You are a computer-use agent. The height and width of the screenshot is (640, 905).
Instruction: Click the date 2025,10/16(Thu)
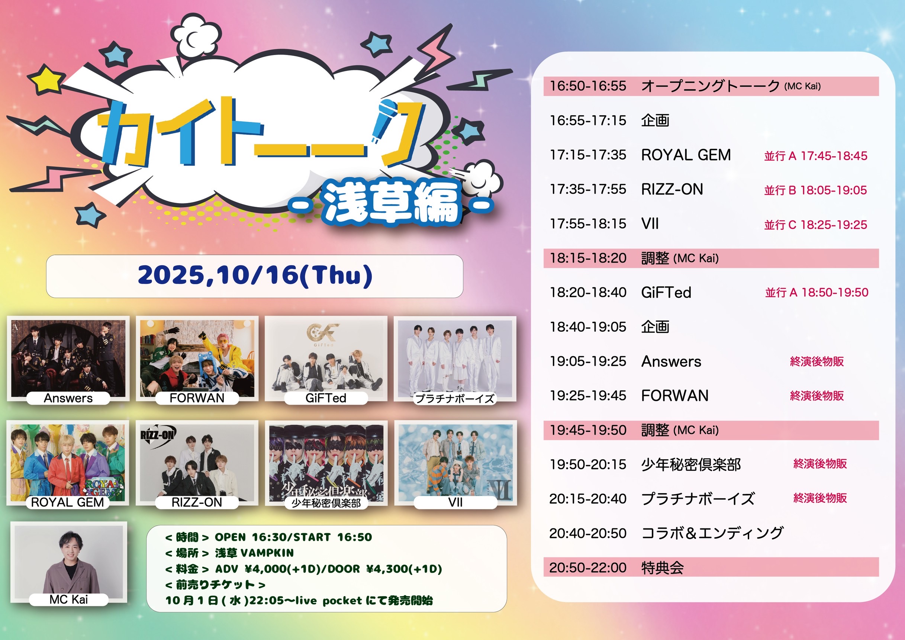click(x=255, y=276)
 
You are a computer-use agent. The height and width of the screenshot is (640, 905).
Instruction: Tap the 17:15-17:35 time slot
click(x=588, y=155)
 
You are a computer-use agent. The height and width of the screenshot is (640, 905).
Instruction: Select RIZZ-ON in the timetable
click(x=672, y=189)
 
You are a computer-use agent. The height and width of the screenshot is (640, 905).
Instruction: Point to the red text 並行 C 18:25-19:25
click(x=815, y=225)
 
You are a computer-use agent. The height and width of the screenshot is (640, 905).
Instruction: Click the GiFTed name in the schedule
click(x=666, y=293)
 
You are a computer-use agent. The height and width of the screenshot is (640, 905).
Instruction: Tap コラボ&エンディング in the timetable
click(x=712, y=533)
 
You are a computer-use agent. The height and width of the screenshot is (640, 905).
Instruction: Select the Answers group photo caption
click(x=68, y=398)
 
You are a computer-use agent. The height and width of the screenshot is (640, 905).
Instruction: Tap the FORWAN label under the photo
click(x=197, y=398)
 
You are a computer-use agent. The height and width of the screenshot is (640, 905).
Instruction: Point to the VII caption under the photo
click(x=455, y=502)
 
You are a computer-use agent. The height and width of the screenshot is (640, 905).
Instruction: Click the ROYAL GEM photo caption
click(x=67, y=502)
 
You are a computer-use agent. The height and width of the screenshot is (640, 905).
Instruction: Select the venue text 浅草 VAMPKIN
click(x=254, y=553)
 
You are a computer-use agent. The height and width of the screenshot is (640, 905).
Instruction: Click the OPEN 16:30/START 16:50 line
click(x=293, y=537)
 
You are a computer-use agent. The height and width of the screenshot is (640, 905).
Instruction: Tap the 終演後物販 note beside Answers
click(x=817, y=361)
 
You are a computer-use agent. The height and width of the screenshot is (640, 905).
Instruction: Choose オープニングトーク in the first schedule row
click(x=710, y=86)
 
